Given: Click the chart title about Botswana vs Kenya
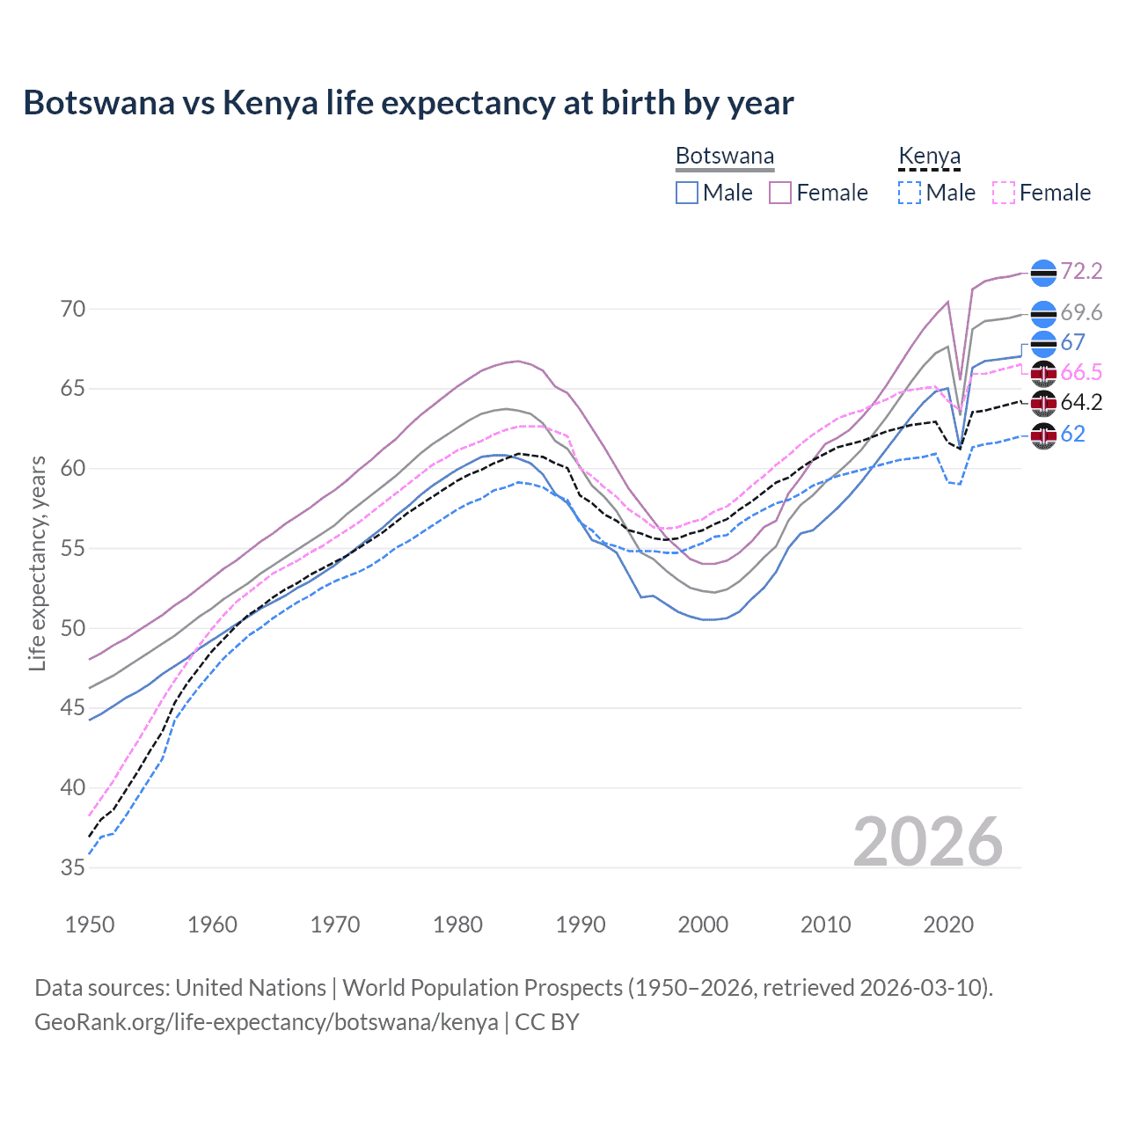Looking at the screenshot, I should (408, 103).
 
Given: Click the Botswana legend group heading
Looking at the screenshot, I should (725, 157).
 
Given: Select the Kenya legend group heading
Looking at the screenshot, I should (929, 157).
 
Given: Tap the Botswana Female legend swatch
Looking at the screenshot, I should (780, 193).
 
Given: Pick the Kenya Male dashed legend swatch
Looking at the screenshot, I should (910, 193).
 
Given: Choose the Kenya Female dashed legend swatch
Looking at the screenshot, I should (1004, 193).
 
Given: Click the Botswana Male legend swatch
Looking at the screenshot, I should (687, 193).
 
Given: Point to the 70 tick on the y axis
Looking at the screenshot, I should (73, 309).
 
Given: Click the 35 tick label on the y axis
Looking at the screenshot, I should (73, 867).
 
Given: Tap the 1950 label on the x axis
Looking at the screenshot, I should (90, 925).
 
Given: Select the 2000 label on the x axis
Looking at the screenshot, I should (703, 925).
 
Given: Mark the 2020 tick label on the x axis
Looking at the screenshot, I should (948, 925).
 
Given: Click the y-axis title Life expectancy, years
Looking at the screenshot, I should (37, 563).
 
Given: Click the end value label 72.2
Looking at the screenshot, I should (1081, 271).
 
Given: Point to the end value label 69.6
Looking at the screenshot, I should (1081, 312).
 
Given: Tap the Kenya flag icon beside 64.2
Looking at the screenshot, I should (1043, 403).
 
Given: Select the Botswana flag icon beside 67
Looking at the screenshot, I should (1043, 343).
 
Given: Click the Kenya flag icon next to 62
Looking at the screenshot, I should (1043, 435).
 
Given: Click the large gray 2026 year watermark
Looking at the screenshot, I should (928, 842).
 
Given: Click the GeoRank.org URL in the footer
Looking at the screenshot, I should (266, 1022).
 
